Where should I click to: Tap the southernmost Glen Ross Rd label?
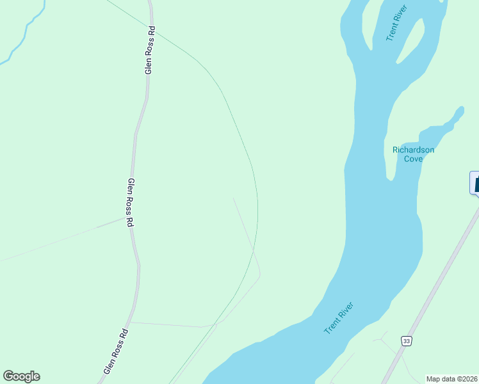[x=116, y=351]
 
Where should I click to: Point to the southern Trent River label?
[x=339, y=318]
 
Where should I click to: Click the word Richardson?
[x=413, y=150]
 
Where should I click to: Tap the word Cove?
[x=413, y=159]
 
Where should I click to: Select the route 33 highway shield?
[x=406, y=340]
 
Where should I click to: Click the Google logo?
[x=21, y=376]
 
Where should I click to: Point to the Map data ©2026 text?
[x=451, y=379]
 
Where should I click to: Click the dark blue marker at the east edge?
[x=475, y=182]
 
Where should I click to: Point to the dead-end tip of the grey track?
[x=234, y=198]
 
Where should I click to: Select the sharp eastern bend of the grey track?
[x=259, y=276]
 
